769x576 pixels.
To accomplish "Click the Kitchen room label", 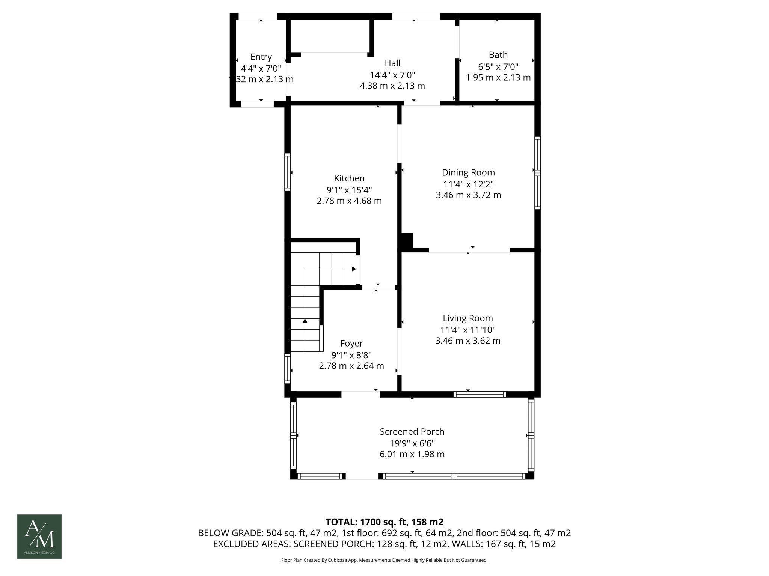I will (349, 178).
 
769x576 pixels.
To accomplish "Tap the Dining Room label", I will (468, 172).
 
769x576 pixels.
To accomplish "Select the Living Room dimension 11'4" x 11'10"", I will (468, 330).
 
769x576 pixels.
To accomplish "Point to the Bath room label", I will (498, 55).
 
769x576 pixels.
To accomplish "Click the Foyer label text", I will (351, 343).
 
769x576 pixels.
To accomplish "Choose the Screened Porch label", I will (412, 431).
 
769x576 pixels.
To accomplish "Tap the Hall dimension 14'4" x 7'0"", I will (392, 75).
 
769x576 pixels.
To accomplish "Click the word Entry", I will (261, 57).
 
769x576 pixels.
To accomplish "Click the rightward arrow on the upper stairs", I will (354, 269).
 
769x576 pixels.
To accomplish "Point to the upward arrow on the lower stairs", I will (305, 321).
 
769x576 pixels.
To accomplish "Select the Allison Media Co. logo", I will (39, 536).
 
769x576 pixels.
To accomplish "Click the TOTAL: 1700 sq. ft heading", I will (384, 522).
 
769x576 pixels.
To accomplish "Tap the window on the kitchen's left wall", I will (287, 172).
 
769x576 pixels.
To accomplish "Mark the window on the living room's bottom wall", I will (479, 394).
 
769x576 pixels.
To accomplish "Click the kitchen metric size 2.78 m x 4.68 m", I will (349, 201).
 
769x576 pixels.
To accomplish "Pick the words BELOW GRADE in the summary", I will (231, 533).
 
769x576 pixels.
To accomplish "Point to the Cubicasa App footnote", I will (384, 560).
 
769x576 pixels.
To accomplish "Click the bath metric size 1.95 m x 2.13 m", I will (498, 78).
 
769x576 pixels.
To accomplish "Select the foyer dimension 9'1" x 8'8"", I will (351, 355).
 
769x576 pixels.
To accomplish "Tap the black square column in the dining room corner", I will (407, 240).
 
